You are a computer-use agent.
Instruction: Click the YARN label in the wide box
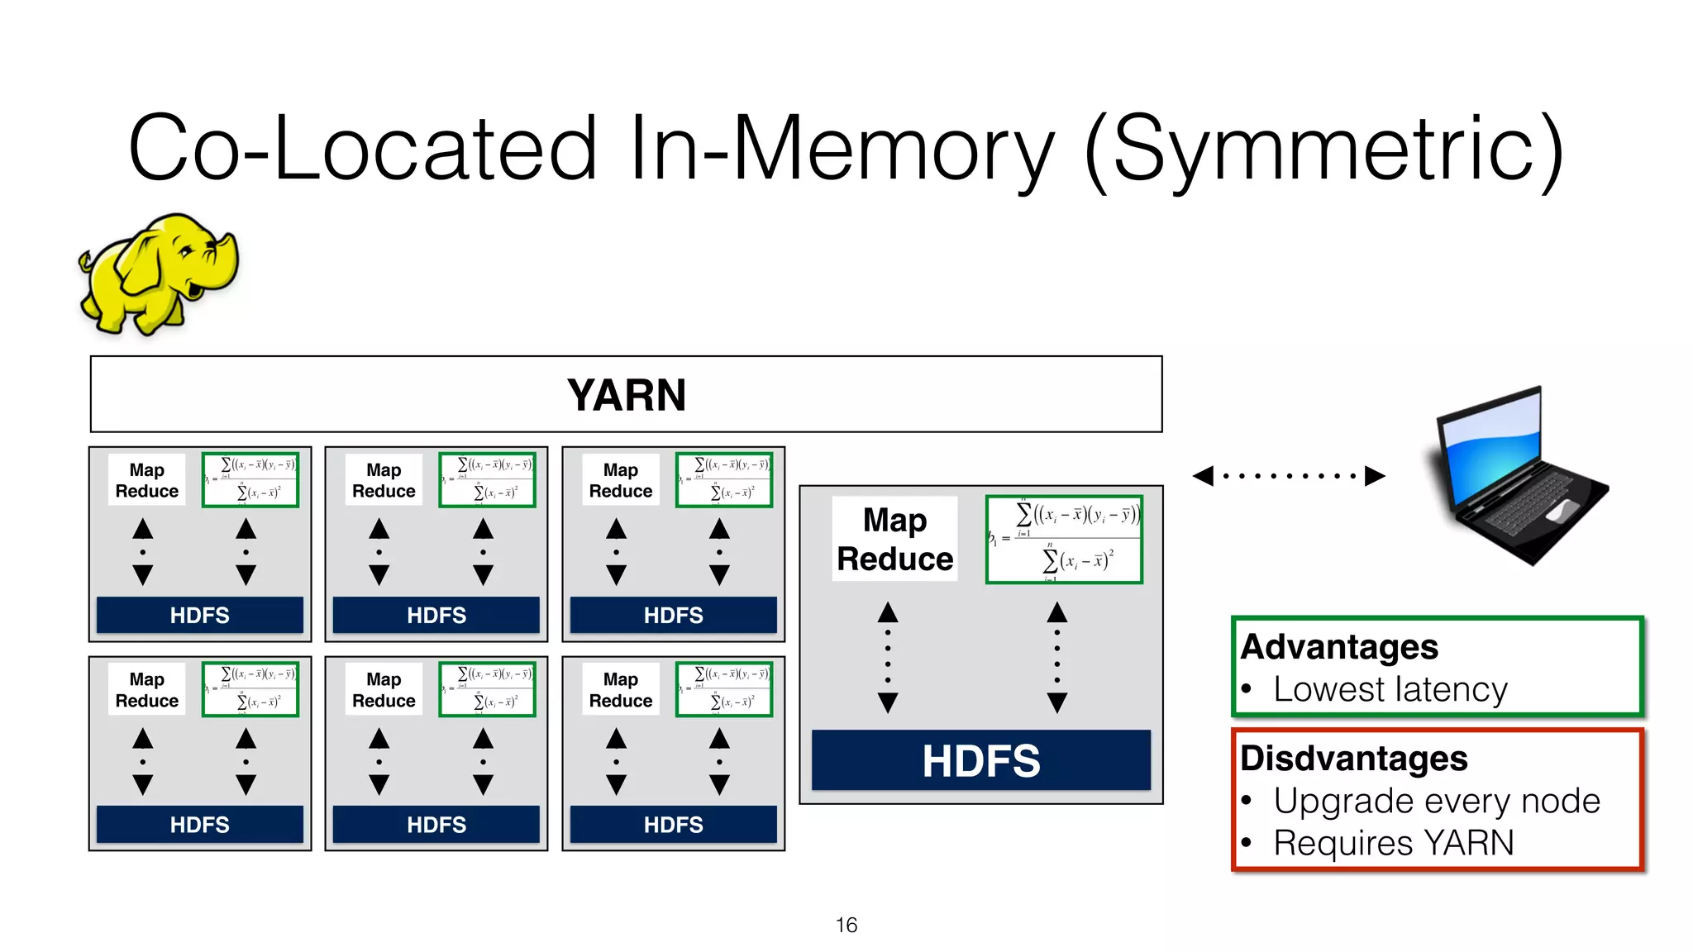(626, 395)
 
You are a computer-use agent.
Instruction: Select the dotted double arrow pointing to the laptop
(1288, 475)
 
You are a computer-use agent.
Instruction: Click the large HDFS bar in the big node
(980, 760)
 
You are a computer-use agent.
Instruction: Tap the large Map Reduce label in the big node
(894, 540)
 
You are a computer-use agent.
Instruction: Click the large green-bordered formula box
(1064, 540)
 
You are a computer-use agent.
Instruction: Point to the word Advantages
(1339, 647)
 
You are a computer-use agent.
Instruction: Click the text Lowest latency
(1390, 689)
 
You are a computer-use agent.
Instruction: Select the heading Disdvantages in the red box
(1354, 759)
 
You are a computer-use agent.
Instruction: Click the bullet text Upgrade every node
(1437, 801)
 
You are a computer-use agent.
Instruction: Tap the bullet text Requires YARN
(1394, 843)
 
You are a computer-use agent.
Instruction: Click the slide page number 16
(846, 925)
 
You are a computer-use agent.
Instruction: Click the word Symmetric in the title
(1323, 149)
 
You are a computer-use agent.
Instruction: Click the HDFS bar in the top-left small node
(199, 615)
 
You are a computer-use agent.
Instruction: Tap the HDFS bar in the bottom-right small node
(673, 824)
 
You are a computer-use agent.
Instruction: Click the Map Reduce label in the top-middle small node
(384, 480)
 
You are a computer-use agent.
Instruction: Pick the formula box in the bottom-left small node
(250, 689)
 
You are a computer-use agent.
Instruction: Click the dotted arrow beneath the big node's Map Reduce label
(888, 658)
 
